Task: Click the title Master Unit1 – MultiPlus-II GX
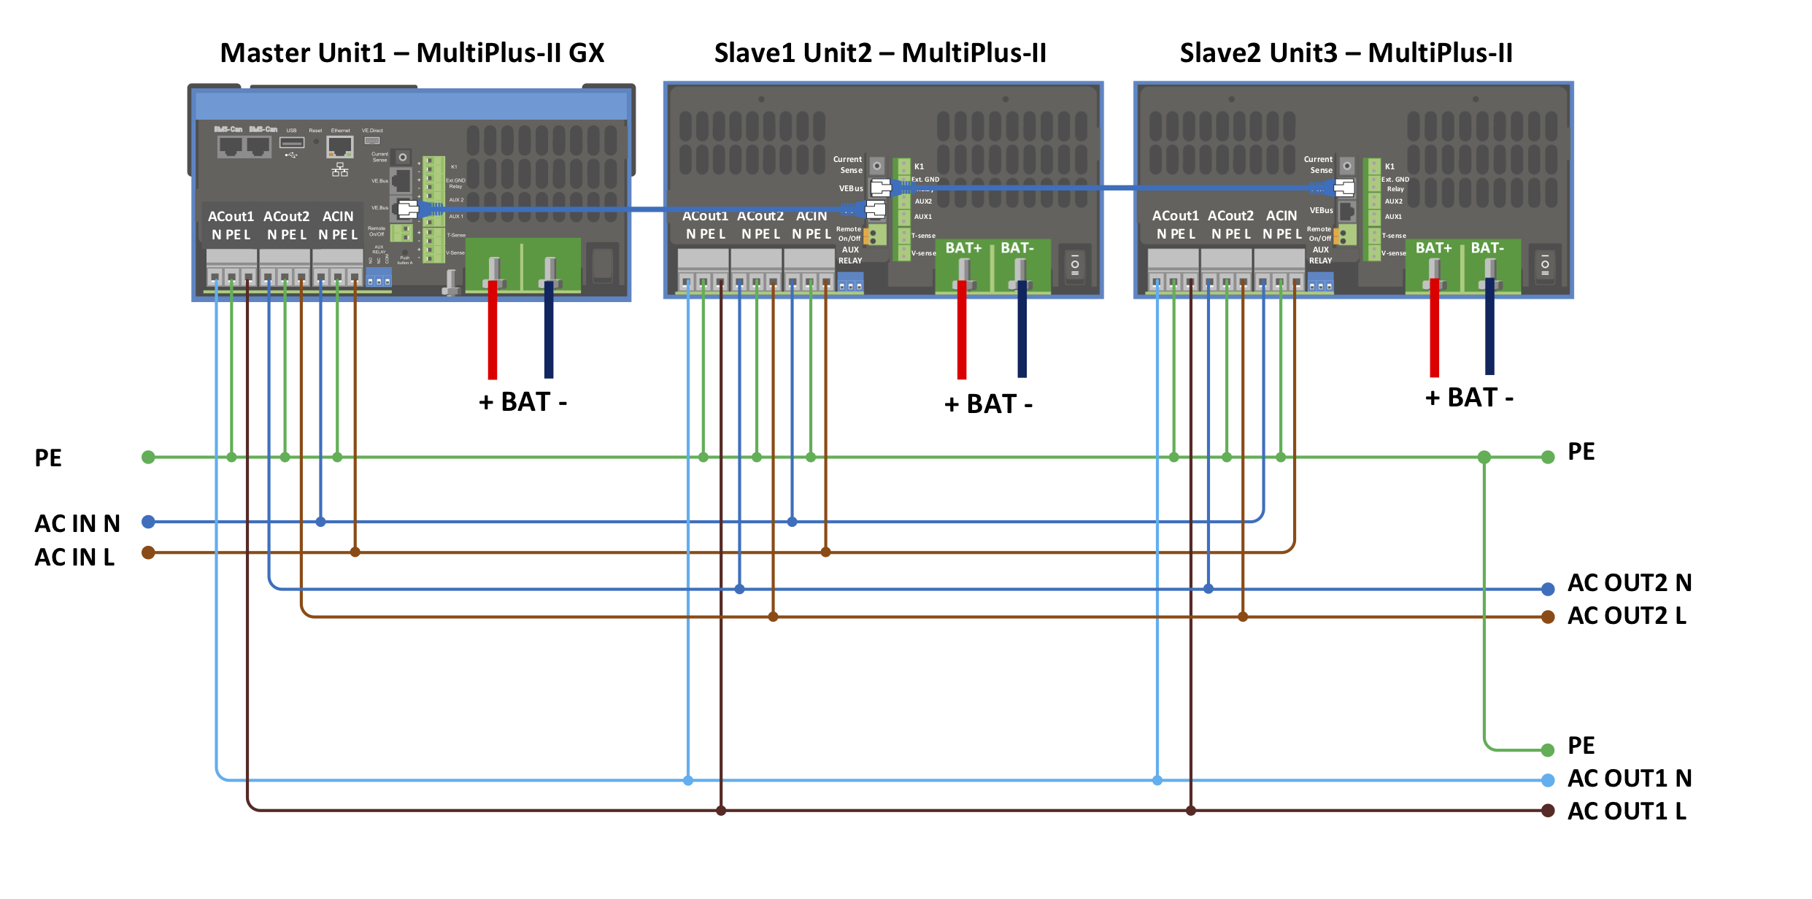[412, 53]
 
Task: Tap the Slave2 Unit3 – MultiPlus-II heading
[1346, 53]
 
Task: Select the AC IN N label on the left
[77, 523]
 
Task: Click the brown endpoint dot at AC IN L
[148, 552]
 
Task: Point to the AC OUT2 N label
[1629, 582]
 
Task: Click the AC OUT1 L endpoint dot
[1547, 811]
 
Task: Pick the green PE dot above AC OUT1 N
[1547, 749]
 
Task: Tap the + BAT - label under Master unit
[523, 402]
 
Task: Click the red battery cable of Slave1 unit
[962, 328]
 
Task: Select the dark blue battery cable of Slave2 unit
[1489, 328]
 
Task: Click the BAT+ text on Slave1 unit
[963, 248]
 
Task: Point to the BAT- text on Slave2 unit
[1487, 248]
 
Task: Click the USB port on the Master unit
[291, 142]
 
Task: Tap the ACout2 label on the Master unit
[286, 217]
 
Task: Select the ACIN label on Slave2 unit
[1281, 216]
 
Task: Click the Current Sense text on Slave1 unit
[848, 164]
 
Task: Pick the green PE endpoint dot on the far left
[148, 458]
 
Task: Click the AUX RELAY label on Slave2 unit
[1320, 255]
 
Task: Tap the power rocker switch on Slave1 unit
[1075, 265]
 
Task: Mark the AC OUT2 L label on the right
[1627, 616]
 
